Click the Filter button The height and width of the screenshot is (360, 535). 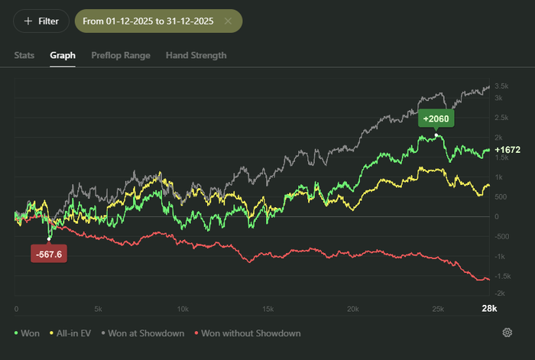tap(41, 21)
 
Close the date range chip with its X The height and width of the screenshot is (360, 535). tap(228, 21)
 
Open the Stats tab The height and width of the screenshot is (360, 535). tap(25, 55)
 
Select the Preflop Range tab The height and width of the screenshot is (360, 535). tap(120, 55)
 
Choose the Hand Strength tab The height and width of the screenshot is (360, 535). tap(196, 55)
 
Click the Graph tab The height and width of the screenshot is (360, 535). tap(63, 55)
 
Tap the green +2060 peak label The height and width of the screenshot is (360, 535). tap(436, 118)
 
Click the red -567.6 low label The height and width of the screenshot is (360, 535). tap(49, 254)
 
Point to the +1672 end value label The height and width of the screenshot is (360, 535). tap(507, 150)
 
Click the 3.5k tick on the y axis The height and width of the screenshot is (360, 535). tap(502, 86)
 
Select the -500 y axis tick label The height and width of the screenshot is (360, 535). tap(502, 235)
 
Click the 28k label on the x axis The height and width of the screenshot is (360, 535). tap(488, 308)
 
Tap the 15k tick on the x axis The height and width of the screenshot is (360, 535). tap(267, 309)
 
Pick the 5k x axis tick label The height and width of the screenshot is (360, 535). tap(99, 309)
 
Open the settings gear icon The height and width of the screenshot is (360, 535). tap(507, 332)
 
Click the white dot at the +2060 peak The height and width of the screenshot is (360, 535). tap(436, 135)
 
